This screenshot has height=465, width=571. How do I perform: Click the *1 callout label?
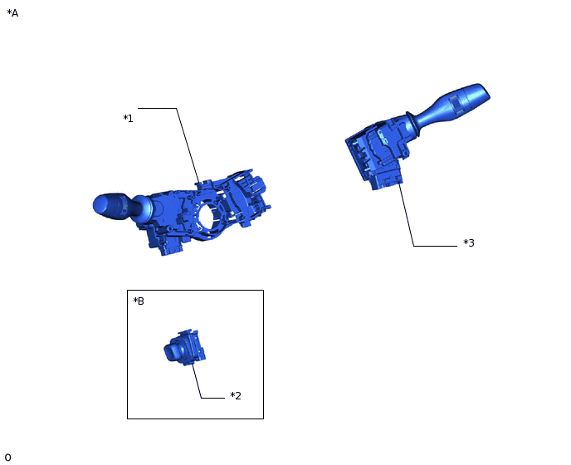click(x=128, y=119)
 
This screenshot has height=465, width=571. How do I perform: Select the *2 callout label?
click(x=236, y=396)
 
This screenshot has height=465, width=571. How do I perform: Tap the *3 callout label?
click(x=469, y=243)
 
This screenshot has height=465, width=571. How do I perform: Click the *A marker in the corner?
click(x=12, y=13)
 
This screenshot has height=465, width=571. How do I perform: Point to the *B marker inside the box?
click(x=139, y=301)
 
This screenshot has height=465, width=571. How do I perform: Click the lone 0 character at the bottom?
click(x=7, y=458)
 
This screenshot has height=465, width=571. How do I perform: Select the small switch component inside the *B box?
click(x=184, y=349)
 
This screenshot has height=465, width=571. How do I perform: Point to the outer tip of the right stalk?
click(x=482, y=90)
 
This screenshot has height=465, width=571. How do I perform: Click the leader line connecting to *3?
click(x=407, y=216)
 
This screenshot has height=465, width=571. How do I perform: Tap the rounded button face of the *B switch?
click(x=172, y=352)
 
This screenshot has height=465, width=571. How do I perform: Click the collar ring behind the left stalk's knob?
click(x=137, y=207)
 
